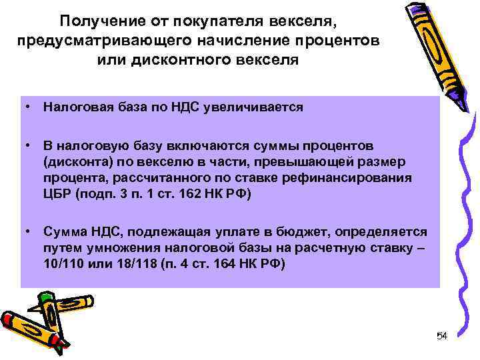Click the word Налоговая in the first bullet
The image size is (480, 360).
(74, 106)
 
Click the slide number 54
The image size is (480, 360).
(441, 336)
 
